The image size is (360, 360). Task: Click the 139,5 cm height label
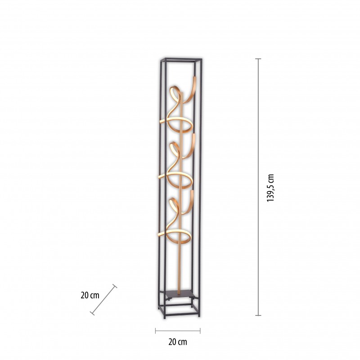coord(271,188)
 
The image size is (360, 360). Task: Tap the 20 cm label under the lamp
coord(178,342)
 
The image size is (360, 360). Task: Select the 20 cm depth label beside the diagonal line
coord(90,295)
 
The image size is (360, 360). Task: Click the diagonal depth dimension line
coord(103,300)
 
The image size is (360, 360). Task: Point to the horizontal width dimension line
coord(178,331)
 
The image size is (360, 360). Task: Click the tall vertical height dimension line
coord(258,187)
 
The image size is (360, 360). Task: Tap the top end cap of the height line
coord(258,59)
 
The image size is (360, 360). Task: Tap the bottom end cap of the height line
coord(258,315)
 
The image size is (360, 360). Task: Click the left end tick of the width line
coord(155,331)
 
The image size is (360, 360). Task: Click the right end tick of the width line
coord(200,331)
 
